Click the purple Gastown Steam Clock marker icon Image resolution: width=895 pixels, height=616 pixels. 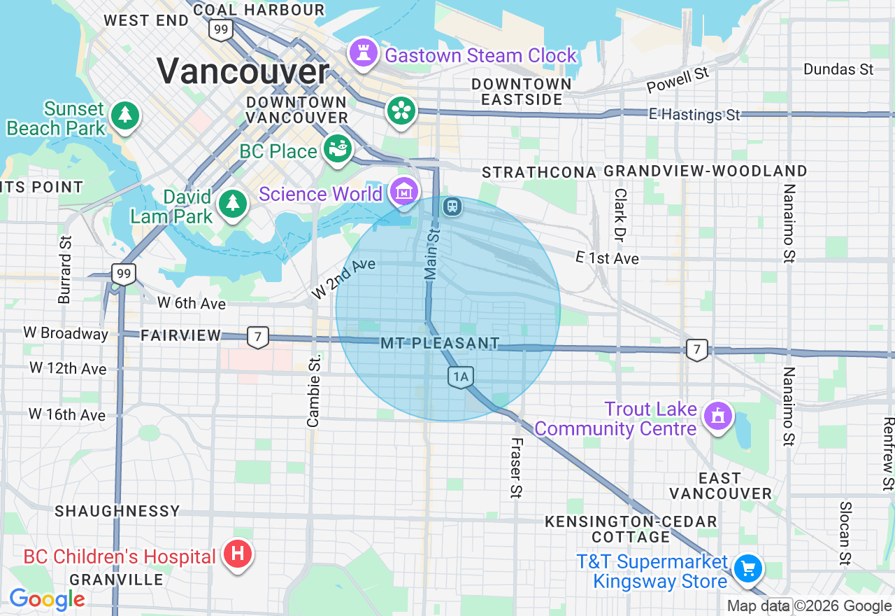click(x=363, y=53)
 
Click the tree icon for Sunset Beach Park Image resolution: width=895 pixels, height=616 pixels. click(x=125, y=115)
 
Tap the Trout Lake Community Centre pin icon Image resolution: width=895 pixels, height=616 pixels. click(x=717, y=416)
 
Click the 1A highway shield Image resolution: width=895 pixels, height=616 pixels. click(x=460, y=377)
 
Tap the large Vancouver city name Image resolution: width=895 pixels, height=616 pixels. click(x=243, y=71)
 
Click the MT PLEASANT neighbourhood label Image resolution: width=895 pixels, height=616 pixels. click(x=441, y=344)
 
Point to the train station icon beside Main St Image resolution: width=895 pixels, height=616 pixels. click(x=452, y=206)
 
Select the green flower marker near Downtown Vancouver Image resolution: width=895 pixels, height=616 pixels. click(x=401, y=111)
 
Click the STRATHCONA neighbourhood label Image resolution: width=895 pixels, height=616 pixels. click(x=539, y=172)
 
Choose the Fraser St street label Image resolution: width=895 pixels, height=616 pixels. click(x=516, y=468)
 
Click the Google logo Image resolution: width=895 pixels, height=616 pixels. click(x=47, y=599)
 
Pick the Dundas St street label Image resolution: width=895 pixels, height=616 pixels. click(x=838, y=69)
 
